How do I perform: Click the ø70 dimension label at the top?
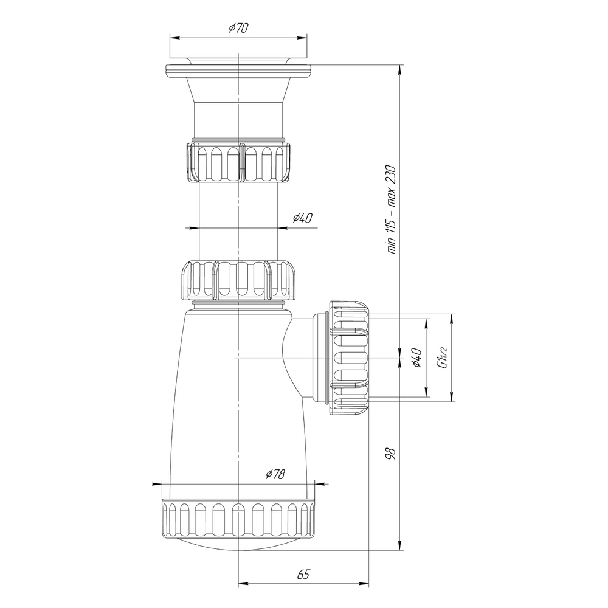click(x=238, y=28)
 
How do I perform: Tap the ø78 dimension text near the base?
click(x=275, y=474)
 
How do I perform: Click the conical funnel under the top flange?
click(x=238, y=91)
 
